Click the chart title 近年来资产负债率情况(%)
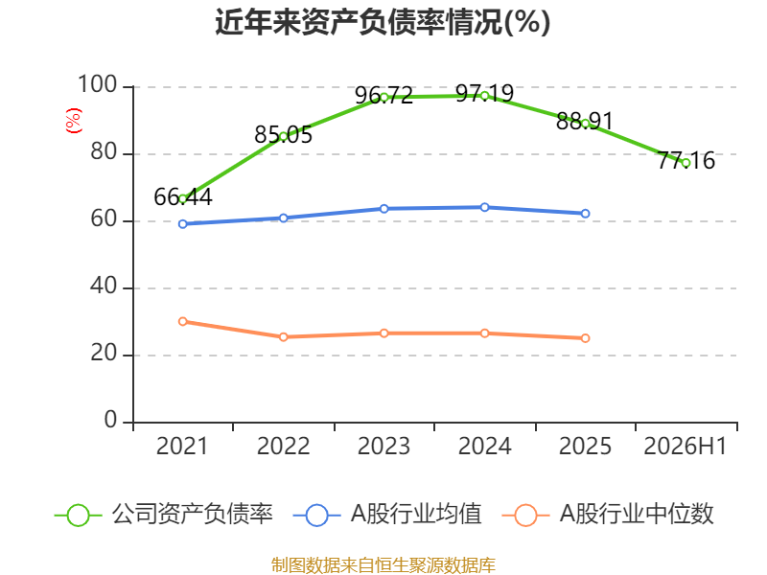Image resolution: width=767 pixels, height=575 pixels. click(383, 22)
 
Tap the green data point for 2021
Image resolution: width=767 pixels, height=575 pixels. click(183, 198)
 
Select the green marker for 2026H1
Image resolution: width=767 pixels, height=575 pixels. click(686, 163)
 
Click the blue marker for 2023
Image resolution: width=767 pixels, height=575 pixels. click(384, 209)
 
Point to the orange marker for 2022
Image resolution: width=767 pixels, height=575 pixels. click(283, 337)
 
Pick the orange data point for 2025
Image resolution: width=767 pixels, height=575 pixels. click(585, 338)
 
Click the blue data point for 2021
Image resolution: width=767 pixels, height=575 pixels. click(183, 224)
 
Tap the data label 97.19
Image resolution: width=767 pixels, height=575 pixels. click(484, 93)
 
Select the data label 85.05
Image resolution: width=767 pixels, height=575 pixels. click(283, 134)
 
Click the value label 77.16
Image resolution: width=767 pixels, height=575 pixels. click(686, 160)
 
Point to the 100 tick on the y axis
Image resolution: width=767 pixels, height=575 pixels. click(98, 84)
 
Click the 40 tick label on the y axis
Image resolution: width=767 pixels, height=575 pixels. click(104, 286)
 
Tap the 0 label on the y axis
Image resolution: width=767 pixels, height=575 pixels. click(110, 420)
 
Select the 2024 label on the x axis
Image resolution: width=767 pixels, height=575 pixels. click(484, 446)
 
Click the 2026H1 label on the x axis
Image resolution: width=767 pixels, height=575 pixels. click(686, 446)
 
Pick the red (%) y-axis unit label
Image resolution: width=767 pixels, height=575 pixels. click(74, 121)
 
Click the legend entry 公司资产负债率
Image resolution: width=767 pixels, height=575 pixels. click(164, 515)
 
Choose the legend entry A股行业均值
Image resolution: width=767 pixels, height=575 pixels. click(388, 515)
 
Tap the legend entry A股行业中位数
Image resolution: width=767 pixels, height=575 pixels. click(608, 515)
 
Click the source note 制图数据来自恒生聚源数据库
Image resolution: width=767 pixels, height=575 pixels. click(383, 565)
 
